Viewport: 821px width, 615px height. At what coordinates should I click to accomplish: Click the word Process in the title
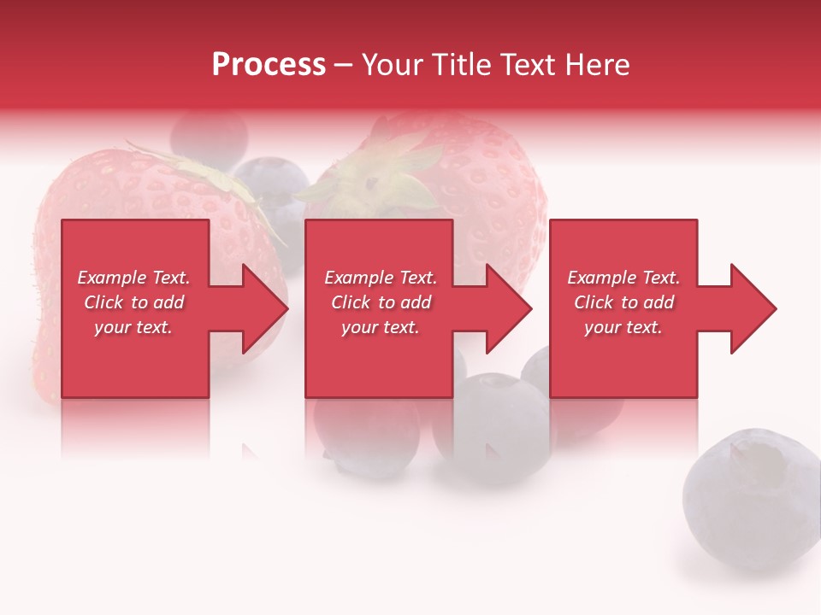[x=269, y=65]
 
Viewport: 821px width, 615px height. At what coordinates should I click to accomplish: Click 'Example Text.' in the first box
[x=133, y=278]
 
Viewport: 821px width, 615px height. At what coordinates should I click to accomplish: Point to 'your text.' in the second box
[x=380, y=327]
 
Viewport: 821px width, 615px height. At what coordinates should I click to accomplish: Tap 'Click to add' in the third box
[x=623, y=302]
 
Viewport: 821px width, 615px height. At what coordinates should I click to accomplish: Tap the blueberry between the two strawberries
[x=272, y=184]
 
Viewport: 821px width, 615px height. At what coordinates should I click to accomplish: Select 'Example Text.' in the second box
[x=380, y=278]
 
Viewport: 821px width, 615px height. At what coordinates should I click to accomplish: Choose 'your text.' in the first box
[x=133, y=327]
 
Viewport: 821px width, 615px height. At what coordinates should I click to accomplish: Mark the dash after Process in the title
[x=344, y=66]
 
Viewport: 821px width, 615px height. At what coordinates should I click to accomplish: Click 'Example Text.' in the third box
[x=623, y=278]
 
